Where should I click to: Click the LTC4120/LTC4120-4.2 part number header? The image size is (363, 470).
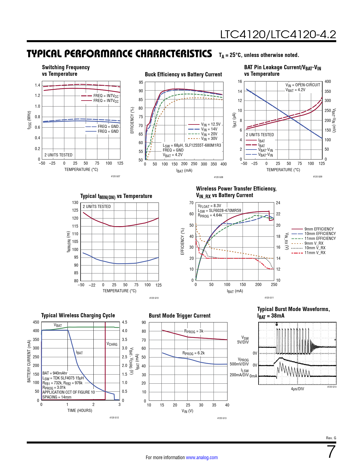coord(278,34)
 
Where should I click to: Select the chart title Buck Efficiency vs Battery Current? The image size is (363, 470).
coord(183,74)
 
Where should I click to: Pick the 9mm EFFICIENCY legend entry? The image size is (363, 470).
coord(319,229)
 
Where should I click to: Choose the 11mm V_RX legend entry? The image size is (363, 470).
coord(315,253)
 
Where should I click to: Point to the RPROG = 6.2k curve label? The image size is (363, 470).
coord(194,353)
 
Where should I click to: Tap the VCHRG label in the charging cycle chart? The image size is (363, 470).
coord(112,344)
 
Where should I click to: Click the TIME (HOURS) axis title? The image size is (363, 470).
coord(80,410)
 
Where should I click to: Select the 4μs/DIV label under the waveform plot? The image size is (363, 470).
coord(297,389)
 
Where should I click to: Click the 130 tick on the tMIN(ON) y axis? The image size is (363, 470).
coord(75,203)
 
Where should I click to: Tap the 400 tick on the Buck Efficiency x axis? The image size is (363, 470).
coord(223,164)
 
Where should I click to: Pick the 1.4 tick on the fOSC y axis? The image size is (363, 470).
coord(37,85)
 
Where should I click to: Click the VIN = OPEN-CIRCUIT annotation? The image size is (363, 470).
coord(303,85)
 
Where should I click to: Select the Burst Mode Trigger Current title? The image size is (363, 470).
coord(180,316)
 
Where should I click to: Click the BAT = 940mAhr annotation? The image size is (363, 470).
coord(55,373)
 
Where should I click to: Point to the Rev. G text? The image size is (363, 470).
coord(331,438)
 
